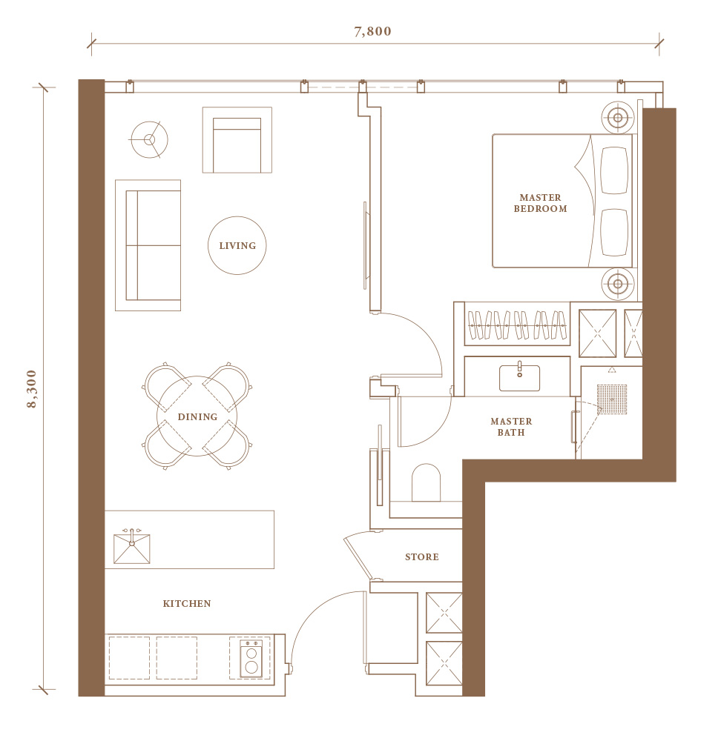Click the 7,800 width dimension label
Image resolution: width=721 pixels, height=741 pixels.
pos(373,31)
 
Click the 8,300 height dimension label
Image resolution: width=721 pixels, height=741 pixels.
pos(32,388)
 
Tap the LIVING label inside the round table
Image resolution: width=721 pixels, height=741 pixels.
pos(237,246)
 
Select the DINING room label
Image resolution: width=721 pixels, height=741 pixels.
pos(198,416)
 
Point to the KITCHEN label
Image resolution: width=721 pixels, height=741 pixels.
pos(187,603)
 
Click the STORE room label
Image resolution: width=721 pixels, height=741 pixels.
pos(422,557)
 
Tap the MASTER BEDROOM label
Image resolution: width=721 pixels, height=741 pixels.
pos(540,203)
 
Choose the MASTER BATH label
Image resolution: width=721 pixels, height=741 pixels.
pos(511,427)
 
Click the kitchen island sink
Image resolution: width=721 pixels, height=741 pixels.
pos(132,548)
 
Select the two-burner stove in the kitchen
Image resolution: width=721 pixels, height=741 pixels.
pos(251,658)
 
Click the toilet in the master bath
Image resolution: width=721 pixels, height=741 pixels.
pos(427,482)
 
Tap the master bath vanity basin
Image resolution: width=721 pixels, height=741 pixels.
pos(519,377)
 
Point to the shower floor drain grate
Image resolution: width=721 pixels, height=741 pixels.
pos(612,399)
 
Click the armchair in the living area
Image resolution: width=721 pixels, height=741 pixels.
pos(237,140)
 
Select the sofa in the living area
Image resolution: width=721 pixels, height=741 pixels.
pos(148,245)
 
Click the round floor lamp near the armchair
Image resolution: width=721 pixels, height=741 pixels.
pos(150,139)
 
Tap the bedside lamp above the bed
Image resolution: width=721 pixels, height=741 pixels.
pos(617,118)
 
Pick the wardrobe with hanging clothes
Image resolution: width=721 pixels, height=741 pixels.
pos(517,325)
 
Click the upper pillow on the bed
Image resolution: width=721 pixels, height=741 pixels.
pos(614,170)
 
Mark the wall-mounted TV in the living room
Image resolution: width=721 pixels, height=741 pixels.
pos(365,245)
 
